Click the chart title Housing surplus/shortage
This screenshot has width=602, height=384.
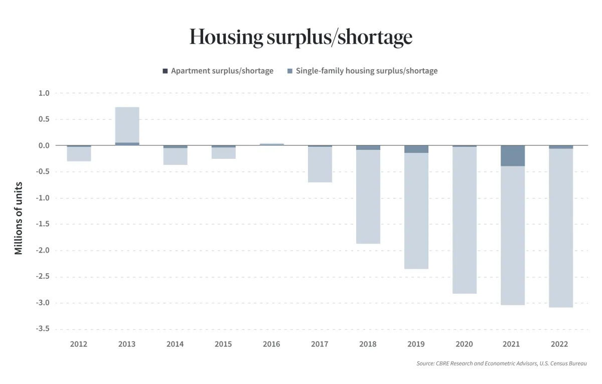[301, 37]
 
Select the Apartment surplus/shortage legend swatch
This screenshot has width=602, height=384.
[166, 71]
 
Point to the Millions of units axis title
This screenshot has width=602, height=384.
[19, 219]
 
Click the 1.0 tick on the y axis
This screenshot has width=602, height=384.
[44, 93]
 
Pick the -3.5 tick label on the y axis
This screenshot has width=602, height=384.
[42, 329]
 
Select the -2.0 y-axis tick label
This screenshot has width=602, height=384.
[42, 251]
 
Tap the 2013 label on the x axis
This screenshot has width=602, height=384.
[127, 344]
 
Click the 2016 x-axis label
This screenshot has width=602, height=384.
[271, 344]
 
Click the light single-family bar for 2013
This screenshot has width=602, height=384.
[127, 125]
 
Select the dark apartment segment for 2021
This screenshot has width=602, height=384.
[512, 156]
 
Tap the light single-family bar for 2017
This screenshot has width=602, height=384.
[320, 164]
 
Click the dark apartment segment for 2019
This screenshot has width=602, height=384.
[416, 149]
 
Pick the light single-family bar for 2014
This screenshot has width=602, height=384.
[175, 156]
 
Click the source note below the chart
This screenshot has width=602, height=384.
[501, 363]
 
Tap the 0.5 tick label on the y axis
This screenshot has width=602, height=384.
[44, 119]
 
